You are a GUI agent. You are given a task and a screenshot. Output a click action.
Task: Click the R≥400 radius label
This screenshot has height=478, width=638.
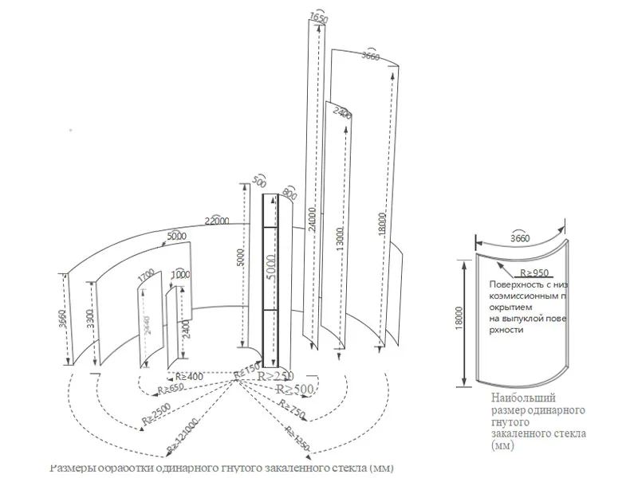188,376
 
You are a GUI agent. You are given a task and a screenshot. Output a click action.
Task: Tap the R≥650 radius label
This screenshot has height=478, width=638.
171,389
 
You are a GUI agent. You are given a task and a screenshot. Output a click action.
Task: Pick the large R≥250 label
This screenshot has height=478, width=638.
280,376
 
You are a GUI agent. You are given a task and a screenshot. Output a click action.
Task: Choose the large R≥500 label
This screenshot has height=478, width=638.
294,389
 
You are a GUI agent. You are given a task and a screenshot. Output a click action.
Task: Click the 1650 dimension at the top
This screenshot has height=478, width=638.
317,17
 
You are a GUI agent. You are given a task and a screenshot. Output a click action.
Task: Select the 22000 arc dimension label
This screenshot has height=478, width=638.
217,220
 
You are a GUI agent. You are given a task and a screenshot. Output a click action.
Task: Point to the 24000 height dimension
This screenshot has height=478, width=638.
312,221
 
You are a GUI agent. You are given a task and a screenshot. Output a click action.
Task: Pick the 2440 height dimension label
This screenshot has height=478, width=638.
146,325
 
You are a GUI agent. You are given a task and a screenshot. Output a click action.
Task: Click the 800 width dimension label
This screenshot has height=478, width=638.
289,193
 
